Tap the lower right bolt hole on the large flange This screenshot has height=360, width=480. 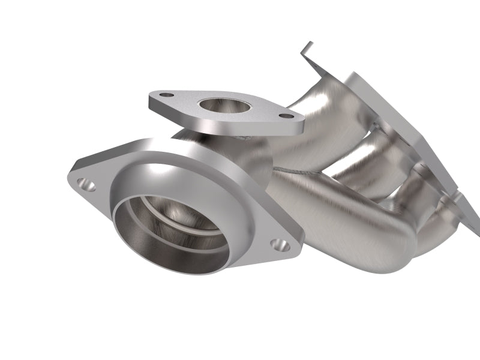click(x=280, y=244)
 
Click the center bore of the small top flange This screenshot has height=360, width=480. click(x=224, y=105)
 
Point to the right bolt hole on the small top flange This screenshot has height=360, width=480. click(x=287, y=116)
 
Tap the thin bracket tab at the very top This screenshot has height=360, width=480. click(x=306, y=50)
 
